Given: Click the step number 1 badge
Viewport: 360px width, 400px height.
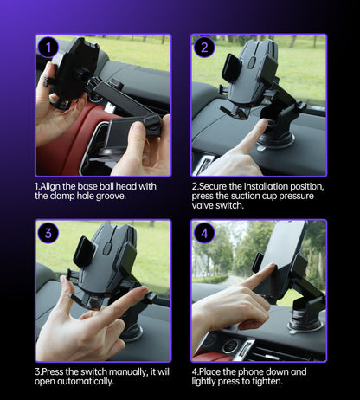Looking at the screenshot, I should coord(47,48).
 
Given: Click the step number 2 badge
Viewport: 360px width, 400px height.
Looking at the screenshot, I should coord(204,48).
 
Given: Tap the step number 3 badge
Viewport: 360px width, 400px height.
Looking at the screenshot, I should coord(47,233).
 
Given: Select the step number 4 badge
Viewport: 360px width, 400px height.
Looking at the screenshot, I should coord(204,233).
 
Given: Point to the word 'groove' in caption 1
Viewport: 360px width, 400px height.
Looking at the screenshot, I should coord(114,197).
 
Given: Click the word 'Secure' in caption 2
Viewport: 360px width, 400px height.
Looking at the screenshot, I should coord(216,186).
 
